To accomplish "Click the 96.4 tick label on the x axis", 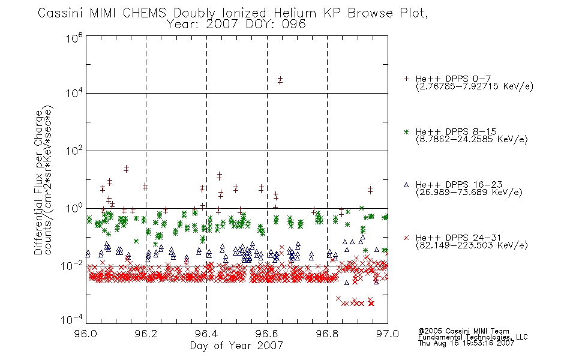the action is click(x=206, y=334).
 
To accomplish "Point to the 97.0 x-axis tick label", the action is click(x=388, y=334).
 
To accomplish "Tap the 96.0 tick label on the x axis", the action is click(x=86, y=334).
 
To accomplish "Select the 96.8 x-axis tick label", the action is click(x=327, y=334).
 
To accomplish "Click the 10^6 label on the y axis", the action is click(x=74, y=38).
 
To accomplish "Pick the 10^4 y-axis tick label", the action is click(x=74, y=93).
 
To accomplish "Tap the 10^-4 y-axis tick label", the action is click(x=72, y=319).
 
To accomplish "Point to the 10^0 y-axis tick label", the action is click(x=74, y=208).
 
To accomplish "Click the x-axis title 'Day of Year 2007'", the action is click(x=236, y=346).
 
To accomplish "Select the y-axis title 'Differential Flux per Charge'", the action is click(x=38, y=182).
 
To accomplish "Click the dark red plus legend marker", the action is click(x=406, y=79).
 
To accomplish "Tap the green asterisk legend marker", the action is click(x=406, y=131).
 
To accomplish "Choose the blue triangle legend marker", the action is click(x=406, y=185).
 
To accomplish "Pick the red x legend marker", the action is click(x=406, y=238).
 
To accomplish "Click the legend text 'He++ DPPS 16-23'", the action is click(x=459, y=184).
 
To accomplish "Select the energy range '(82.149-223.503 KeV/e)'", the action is click(x=472, y=245).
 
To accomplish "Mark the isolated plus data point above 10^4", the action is click(x=280, y=80).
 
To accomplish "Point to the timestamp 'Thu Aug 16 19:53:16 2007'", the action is click(x=466, y=343).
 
